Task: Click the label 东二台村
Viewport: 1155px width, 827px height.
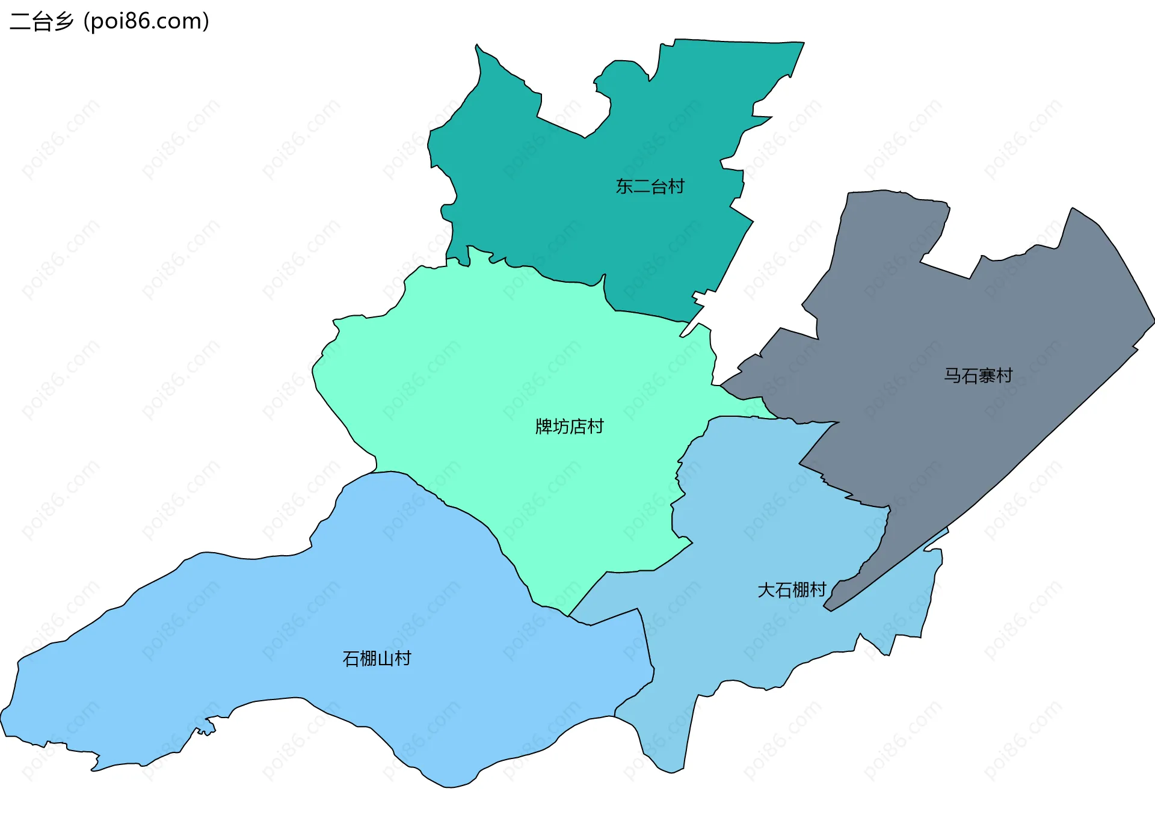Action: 650,186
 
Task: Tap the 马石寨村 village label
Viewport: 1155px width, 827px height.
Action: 978,376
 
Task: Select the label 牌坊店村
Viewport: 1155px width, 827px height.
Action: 569,426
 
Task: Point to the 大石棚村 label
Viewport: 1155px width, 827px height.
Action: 792,589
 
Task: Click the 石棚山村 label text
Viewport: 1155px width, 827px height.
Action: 377,659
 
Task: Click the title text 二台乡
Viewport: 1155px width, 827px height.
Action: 41,21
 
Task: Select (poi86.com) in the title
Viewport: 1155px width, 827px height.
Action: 147,21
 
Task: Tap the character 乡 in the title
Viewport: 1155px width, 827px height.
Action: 63,21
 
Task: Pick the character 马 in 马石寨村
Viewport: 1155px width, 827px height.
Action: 952,376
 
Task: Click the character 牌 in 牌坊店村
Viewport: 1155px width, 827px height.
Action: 544,426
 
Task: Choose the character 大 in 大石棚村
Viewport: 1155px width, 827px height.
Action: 766,589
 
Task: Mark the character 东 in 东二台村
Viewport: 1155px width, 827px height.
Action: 624,186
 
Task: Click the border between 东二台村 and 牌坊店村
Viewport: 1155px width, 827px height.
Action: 541,274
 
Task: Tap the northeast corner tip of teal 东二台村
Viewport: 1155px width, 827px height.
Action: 803,43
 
